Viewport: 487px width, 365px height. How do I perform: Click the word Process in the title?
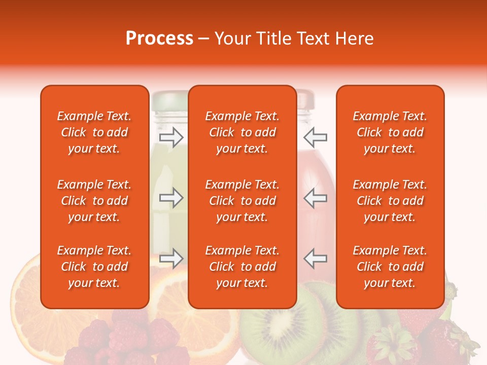coord(159,39)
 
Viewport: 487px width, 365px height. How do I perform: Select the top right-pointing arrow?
coord(171,137)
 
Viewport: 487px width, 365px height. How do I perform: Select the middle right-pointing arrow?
coord(171,198)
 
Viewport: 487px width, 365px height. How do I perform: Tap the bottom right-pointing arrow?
coord(171,259)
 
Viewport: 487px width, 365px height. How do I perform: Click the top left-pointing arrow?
coord(315,137)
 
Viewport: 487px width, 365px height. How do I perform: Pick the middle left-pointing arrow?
coord(315,198)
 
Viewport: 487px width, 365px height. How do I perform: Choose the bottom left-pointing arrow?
coord(315,259)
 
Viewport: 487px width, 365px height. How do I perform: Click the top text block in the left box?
coord(94,132)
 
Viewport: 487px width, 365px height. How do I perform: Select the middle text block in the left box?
coord(94,201)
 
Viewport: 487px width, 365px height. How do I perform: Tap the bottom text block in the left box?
coord(94,267)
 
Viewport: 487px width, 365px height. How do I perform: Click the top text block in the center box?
coord(242,132)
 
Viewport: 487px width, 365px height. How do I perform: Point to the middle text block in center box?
coord(242,201)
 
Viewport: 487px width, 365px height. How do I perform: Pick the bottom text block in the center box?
coord(242,267)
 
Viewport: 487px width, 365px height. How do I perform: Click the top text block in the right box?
coord(390,132)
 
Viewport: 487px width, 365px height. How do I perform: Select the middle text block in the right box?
coord(390,201)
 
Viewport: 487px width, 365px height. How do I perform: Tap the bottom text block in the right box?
coord(390,267)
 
